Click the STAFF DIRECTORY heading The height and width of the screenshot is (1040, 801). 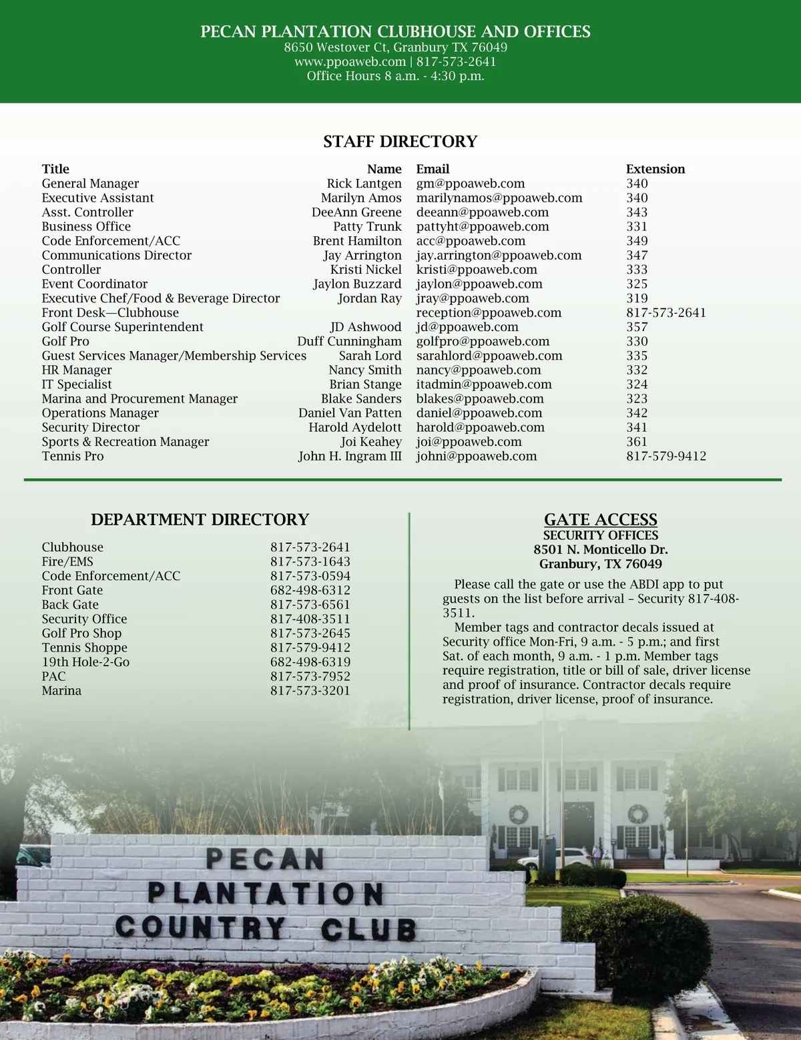click(x=400, y=142)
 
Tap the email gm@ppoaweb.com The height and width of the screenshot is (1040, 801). click(x=470, y=184)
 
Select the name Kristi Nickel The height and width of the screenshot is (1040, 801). click(x=366, y=270)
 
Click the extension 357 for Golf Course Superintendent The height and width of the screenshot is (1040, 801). click(x=637, y=327)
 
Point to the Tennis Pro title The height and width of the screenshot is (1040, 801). click(x=73, y=457)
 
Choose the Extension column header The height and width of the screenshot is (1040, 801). click(x=655, y=169)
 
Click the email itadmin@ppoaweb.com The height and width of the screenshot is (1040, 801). click(x=484, y=384)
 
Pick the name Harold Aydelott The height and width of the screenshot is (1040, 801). click(x=355, y=427)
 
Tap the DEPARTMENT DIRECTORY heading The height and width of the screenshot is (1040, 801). click(x=200, y=519)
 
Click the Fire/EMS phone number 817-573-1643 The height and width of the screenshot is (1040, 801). click(x=310, y=561)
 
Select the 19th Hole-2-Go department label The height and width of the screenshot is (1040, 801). click(x=85, y=662)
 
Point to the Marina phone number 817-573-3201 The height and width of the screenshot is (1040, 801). click(x=310, y=691)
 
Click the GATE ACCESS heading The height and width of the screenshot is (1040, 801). click(x=600, y=519)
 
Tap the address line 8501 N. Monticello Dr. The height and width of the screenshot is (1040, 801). click(x=600, y=549)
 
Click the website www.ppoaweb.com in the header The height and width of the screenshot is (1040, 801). click(x=350, y=61)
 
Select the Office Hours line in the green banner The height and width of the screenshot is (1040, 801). click(x=395, y=76)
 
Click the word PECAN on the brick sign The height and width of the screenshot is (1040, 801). click(x=265, y=858)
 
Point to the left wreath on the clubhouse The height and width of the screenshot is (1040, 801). click(x=518, y=814)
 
